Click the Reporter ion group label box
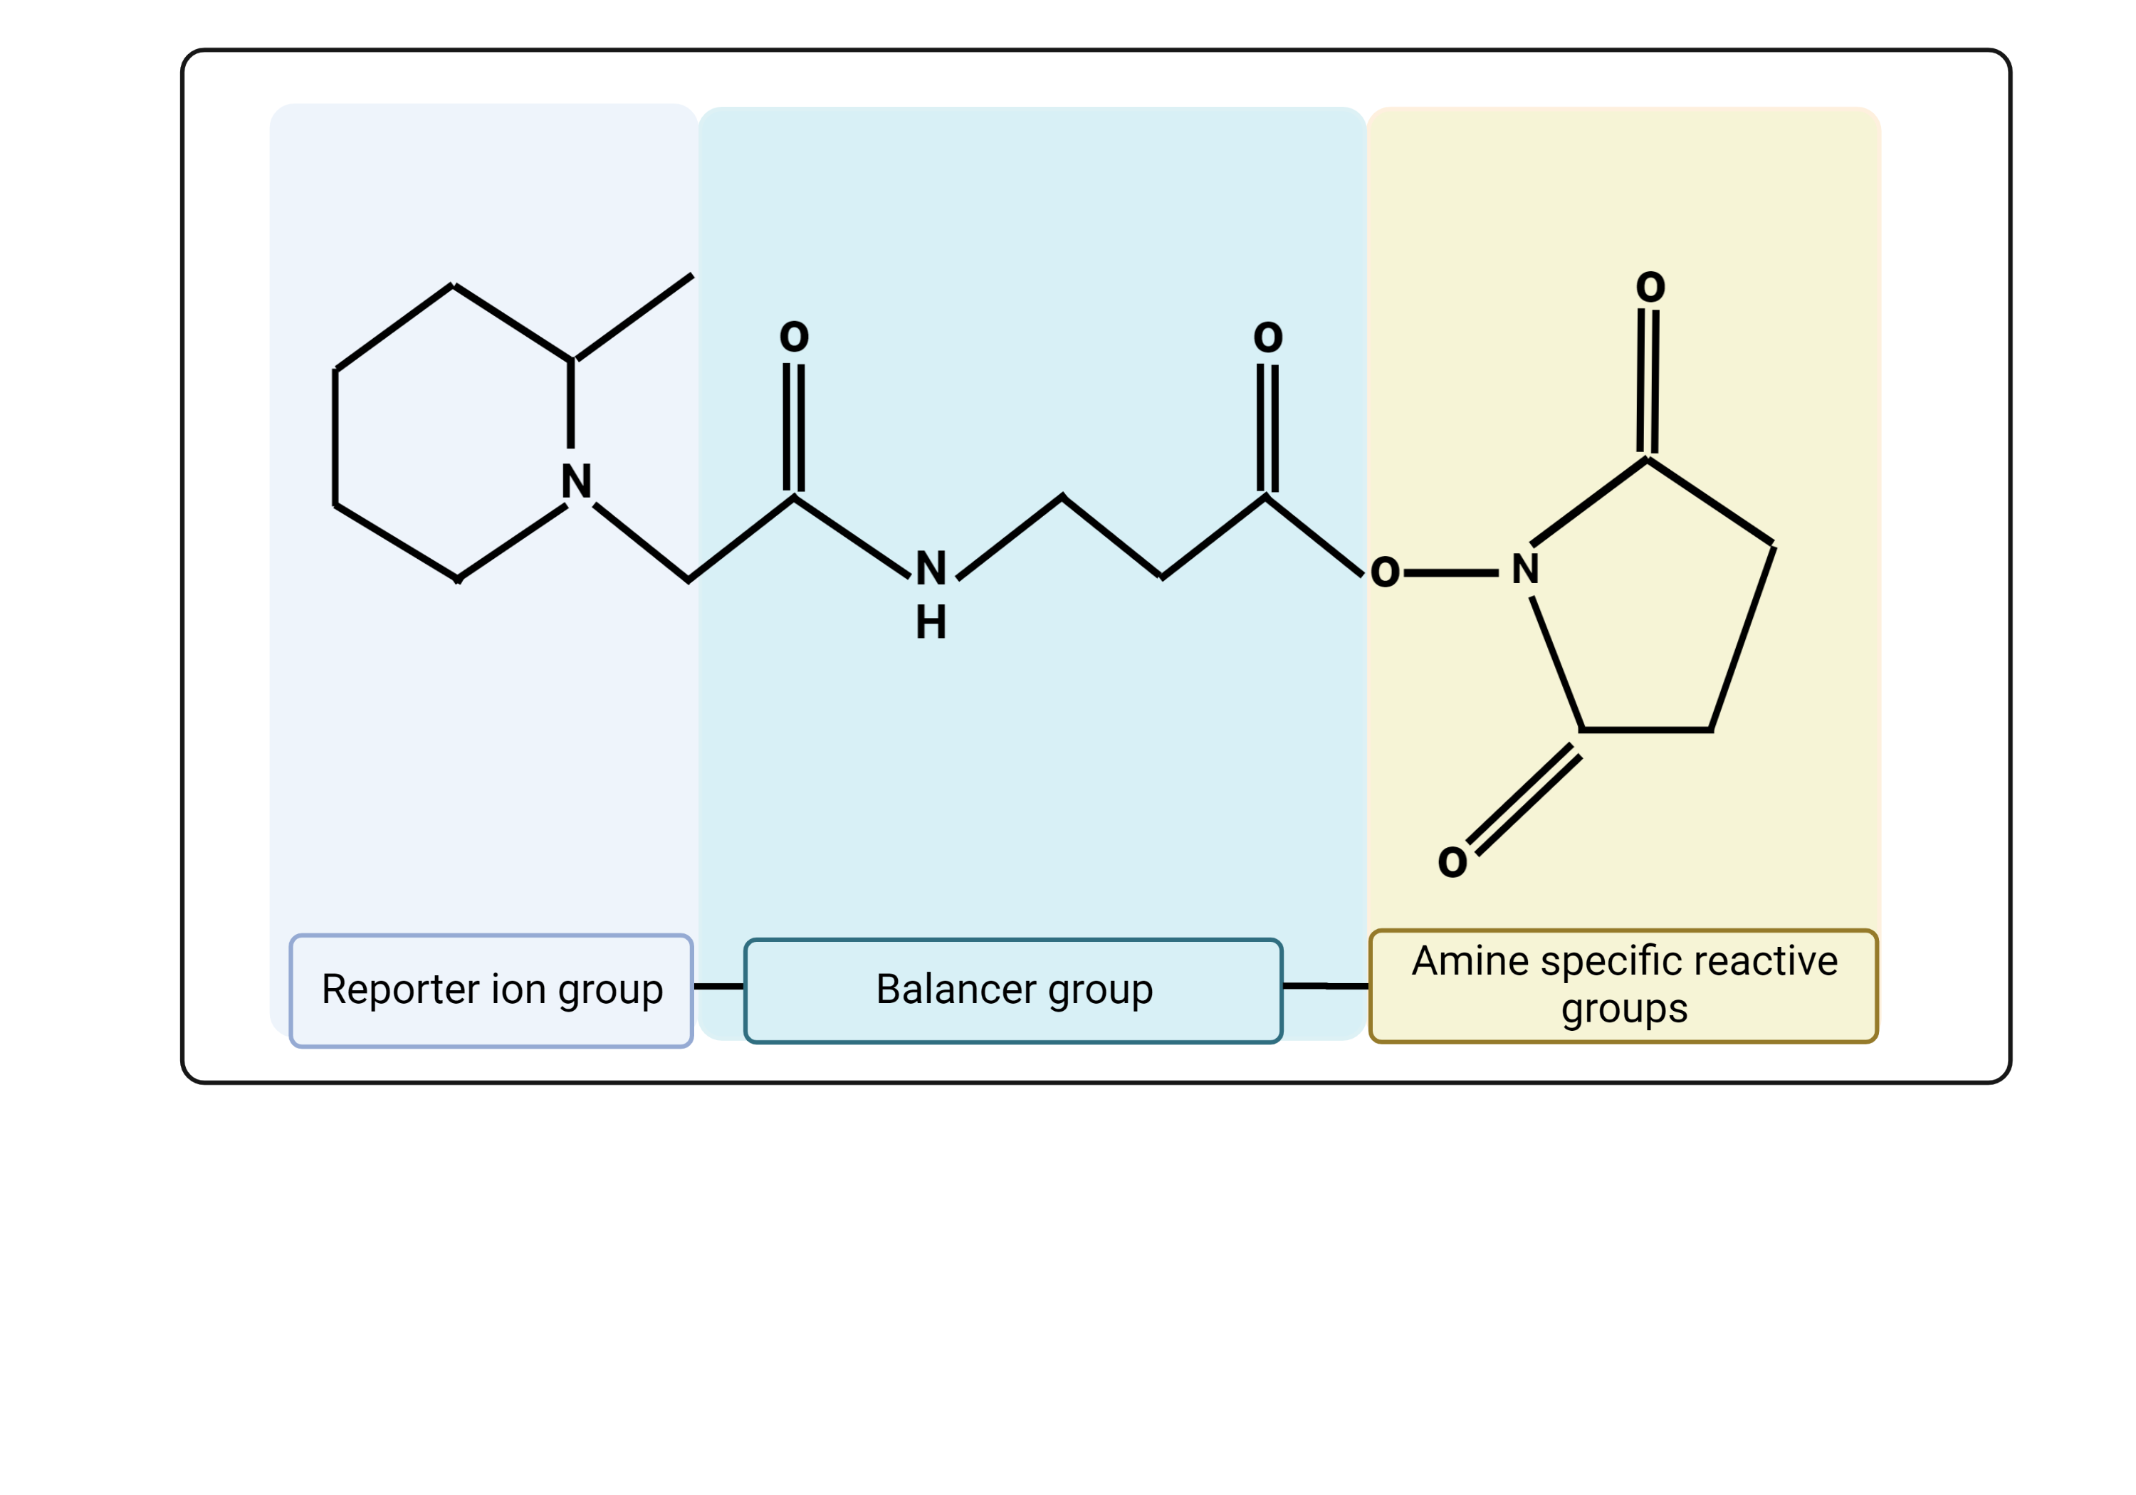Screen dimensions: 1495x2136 [491, 991]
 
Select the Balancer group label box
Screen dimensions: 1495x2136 [1013, 991]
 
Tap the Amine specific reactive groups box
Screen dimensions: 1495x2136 [1623, 986]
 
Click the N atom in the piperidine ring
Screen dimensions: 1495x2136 [576, 481]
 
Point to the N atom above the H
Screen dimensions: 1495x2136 [931, 568]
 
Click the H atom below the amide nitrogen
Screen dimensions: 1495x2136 [931, 622]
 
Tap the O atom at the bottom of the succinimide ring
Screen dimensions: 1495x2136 [1452, 862]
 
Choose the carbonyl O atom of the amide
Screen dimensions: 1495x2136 [794, 336]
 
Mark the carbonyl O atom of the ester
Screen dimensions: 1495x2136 [1268, 337]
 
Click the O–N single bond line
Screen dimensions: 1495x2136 [1451, 573]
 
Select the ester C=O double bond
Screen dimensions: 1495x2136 [1267, 427]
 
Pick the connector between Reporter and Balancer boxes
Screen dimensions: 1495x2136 [718, 986]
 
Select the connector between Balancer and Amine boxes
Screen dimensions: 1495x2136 [1325, 985]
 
